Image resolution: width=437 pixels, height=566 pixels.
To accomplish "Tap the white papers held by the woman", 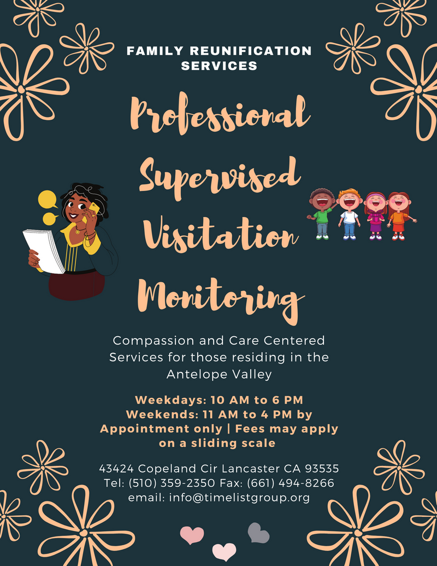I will point(44,250).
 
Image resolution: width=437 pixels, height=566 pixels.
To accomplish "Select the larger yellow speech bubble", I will point(48,199).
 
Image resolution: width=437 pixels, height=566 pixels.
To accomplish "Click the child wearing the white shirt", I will point(349,215).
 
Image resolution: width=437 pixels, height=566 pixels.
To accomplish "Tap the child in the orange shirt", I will point(398,215).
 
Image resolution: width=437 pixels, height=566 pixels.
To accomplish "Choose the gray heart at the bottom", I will point(258,533).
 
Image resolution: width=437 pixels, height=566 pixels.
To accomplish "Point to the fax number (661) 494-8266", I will point(294,483).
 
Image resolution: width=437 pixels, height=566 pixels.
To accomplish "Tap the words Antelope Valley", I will point(219,375).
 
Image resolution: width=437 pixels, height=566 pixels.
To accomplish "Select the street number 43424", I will point(116,469).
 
